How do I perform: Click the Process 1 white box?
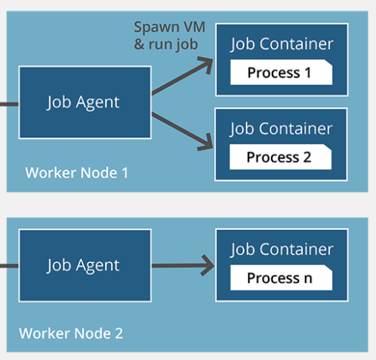click(281, 72)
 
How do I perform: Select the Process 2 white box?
click(281, 157)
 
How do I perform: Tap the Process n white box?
click(281, 278)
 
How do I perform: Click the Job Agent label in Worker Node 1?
click(83, 102)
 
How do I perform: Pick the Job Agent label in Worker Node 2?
click(83, 265)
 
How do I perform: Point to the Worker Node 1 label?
click(76, 173)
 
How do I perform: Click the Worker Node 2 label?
click(71, 333)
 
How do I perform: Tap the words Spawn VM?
click(169, 27)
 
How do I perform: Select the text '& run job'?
click(166, 44)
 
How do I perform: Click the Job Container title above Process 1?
click(282, 44)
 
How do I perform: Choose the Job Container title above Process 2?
click(281, 129)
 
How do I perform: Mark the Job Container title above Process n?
click(282, 250)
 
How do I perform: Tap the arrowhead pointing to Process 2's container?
click(207, 143)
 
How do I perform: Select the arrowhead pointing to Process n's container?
click(208, 265)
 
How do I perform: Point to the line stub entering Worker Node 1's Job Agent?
click(9, 104)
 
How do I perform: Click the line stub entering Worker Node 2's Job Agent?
click(9, 266)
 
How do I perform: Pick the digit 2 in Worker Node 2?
click(118, 333)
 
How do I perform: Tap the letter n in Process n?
click(308, 279)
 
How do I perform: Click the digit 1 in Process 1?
click(308, 73)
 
